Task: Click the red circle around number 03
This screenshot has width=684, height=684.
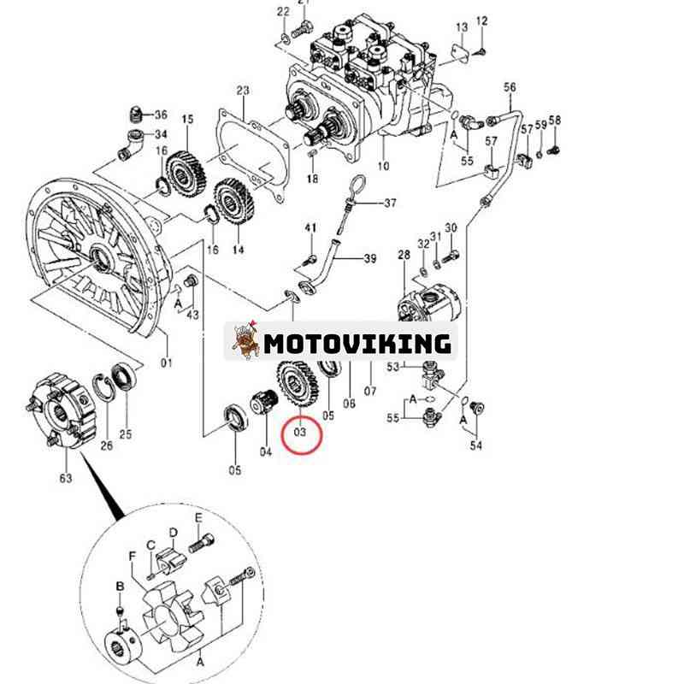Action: (300, 433)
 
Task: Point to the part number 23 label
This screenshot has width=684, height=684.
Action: (243, 91)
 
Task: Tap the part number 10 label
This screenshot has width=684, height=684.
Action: (382, 166)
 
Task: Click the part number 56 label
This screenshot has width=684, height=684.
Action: (510, 88)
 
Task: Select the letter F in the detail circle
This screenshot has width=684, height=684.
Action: (133, 556)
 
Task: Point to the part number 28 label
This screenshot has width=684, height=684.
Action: (404, 256)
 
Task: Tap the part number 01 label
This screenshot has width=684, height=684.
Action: (167, 363)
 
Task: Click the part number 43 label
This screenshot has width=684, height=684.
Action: (193, 315)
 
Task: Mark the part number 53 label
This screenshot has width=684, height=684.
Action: (393, 367)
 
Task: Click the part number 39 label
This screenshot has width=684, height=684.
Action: (369, 259)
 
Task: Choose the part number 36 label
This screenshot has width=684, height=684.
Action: (161, 115)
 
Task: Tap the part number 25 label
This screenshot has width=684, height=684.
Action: (126, 434)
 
